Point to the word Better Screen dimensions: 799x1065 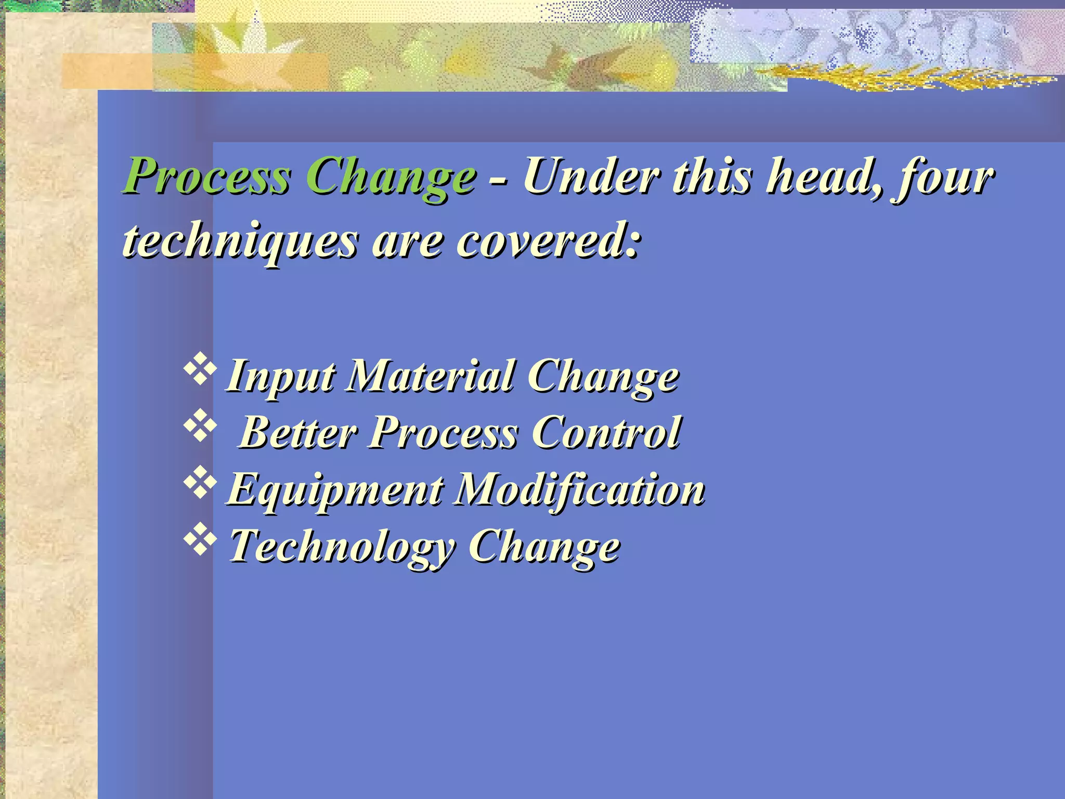[298, 432]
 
